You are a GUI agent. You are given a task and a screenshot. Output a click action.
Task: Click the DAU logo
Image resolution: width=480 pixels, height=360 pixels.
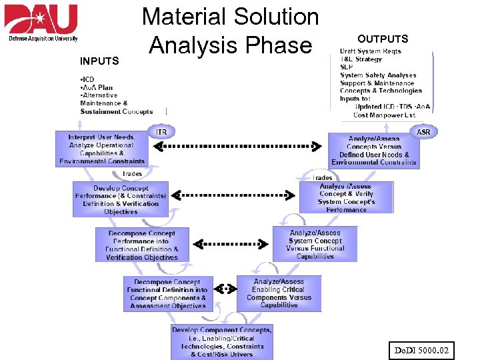pyautogui.click(x=41, y=23)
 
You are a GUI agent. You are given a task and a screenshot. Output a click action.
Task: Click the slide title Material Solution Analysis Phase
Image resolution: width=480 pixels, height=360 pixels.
pyautogui.click(x=231, y=31)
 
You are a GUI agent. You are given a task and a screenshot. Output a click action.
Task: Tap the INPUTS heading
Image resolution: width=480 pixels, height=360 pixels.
pyautogui.click(x=99, y=61)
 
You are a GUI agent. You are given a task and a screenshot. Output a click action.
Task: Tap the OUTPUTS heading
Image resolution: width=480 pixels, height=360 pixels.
pyautogui.click(x=383, y=39)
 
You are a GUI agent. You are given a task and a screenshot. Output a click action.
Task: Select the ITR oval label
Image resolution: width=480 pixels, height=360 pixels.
pyautogui.click(x=161, y=132)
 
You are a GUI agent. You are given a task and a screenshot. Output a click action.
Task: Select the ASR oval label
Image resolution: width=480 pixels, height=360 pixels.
pyautogui.click(x=423, y=132)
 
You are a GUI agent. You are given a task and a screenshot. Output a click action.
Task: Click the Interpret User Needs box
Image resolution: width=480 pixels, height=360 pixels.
pyautogui.click(x=101, y=149)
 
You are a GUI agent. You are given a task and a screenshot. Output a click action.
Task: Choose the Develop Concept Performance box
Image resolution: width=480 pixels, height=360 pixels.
pyautogui.click(x=120, y=199)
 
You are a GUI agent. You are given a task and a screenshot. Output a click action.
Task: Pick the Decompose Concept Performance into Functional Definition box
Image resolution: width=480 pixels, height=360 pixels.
pyautogui.click(x=142, y=245)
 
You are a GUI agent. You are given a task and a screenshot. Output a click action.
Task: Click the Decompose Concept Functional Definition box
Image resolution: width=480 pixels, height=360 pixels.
pyautogui.click(x=167, y=294)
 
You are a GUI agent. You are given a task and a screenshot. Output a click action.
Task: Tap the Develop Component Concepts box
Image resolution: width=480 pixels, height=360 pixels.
pyautogui.click(x=221, y=341)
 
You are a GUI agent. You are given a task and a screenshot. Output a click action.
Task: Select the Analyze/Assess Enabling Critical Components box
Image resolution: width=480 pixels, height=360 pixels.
pyautogui.click(x=279, y=293)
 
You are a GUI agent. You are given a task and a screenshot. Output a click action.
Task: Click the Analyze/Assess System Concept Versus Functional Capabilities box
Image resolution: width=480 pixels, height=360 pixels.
pyautogui.click(x=315, y=245)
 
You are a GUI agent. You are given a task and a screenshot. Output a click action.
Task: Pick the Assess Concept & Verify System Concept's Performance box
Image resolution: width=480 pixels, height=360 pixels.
pyautogui.click(x=346, y=198)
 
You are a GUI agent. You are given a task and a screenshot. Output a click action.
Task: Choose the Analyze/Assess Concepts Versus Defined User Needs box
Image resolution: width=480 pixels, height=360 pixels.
pyautogui.click(x=373, y=151)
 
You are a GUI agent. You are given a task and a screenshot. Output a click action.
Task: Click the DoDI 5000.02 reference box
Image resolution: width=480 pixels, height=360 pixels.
pyautogui.click(x=421, y=349)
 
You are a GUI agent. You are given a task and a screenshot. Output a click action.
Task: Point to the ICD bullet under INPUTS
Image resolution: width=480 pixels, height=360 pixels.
pyautogui.click(x=87, y=80)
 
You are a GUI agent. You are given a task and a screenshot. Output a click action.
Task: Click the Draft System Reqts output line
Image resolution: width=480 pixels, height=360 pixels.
pyautogui.click(x=370, y=51)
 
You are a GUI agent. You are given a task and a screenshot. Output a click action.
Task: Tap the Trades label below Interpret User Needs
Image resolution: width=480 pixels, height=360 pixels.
pyautogui.click(x=132, y=173)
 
